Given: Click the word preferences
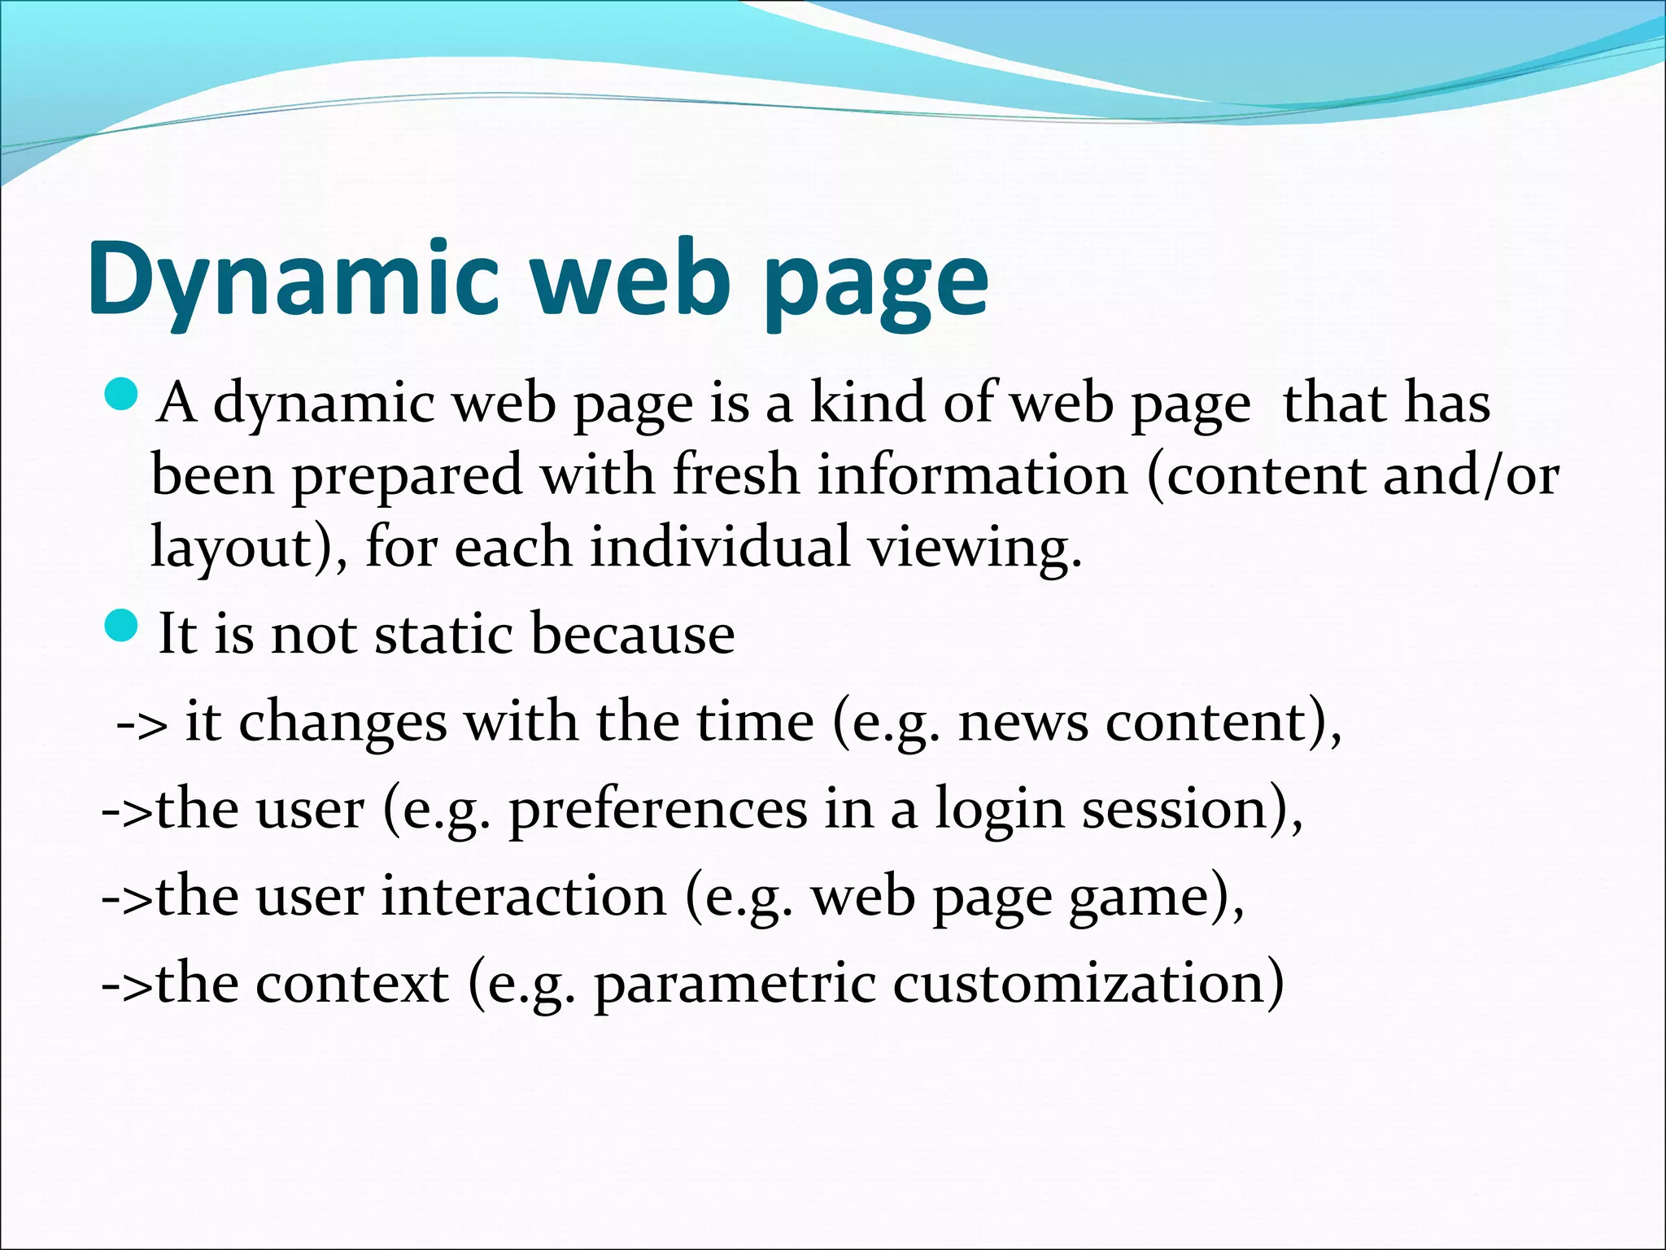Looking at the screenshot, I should point(658,811).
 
